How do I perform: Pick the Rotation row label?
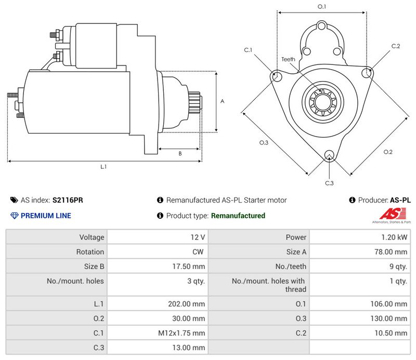(x=92, y=252)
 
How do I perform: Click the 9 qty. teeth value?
(x=398, y=266)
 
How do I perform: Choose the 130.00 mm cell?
(x=394, y=318)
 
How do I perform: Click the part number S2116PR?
(x=68, y=200)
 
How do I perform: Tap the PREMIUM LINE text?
(x=46, y=216)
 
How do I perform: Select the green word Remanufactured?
(x=238, y=216)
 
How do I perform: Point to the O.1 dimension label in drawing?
(x=322, y=7)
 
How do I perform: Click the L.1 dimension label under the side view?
(x=103, y=167)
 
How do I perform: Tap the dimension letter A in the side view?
(x=222, y=102)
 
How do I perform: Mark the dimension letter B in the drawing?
(x=180, y=153)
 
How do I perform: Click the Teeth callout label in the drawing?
(x=288, y=59)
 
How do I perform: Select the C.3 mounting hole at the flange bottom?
(x=329, y=155)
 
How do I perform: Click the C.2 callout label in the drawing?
(x=396, y=46)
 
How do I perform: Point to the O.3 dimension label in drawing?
(x=264, y=143)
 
